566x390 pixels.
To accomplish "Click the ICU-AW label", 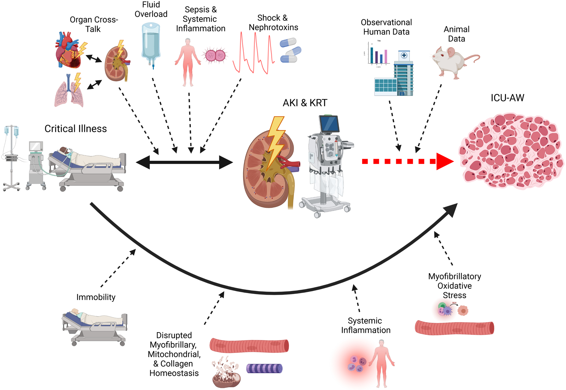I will [507, 98].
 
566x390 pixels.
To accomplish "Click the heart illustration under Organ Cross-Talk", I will [68, 50].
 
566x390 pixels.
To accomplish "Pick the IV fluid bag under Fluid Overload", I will [151, 42].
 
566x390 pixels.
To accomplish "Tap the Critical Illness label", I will [75, 129].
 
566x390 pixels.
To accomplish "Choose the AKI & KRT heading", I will [305, 103].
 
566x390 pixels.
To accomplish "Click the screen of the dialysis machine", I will [329, 124].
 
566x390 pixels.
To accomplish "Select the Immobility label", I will [96, 297].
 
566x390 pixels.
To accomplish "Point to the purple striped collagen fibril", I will [264, 368].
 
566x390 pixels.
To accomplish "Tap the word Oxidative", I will [454, 286].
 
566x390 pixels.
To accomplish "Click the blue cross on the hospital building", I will [404, 56].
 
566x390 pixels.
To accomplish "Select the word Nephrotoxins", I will [273, 27].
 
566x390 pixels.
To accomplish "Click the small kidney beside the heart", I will [117, 63].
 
